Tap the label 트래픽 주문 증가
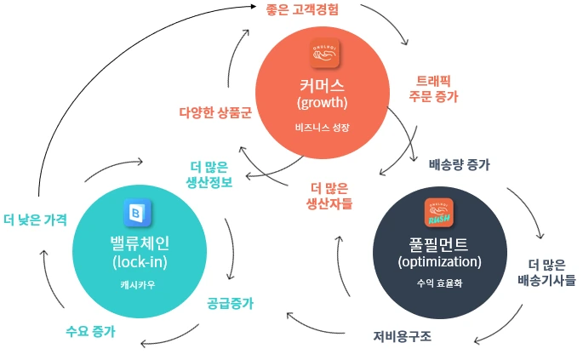click(x=434, y=89)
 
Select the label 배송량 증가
click(x=459, y=163)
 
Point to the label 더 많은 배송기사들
click(x=546, y=270)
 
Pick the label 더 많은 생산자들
click(x=329, y=196)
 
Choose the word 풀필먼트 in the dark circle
click(x=439, y=243)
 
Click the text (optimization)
click(x=439, y=261)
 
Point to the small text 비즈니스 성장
click(x=323, y=128)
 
